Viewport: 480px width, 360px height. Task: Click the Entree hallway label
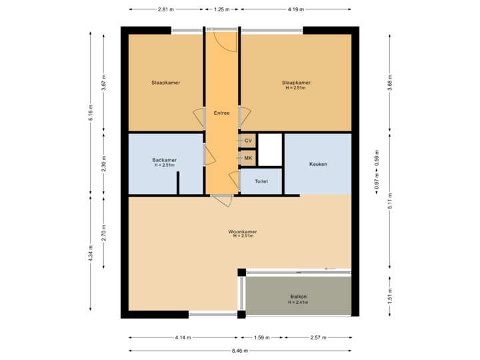(221, 113)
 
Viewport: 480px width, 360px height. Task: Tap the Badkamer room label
(164, 160)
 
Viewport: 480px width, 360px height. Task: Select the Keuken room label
(318, 164)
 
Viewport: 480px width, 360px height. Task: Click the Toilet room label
(261, 181)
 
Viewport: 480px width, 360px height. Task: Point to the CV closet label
(248, 141)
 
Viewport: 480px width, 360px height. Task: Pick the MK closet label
(248, 158)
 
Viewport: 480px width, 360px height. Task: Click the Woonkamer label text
(243, 232)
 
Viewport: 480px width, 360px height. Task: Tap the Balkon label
(298, 297)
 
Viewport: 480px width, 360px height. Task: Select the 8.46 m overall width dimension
(240, 351)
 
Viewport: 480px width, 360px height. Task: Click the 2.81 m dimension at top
(165, 9)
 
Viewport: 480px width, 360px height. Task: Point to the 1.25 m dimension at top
(221, 9)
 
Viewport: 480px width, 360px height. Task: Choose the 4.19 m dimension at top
(295, 9)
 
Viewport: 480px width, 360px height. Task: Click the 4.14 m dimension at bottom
(183, 338)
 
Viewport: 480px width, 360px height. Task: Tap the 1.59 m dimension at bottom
(261, 338)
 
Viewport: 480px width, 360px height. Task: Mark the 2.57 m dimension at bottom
(318, 338)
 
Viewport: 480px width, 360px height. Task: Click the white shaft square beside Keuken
(270, 150)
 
